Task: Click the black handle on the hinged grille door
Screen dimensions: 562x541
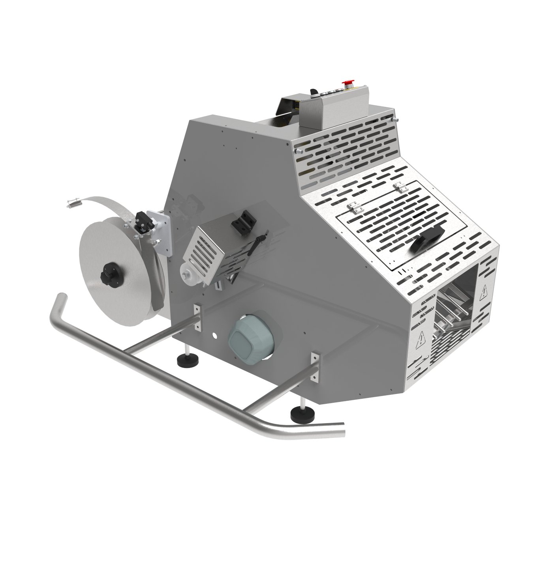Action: coord(424,240)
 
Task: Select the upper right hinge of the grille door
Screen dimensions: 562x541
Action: coord(400,187)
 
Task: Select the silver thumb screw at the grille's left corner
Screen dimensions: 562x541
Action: coord(299,150)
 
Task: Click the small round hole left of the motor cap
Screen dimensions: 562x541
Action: coord(215,336)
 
